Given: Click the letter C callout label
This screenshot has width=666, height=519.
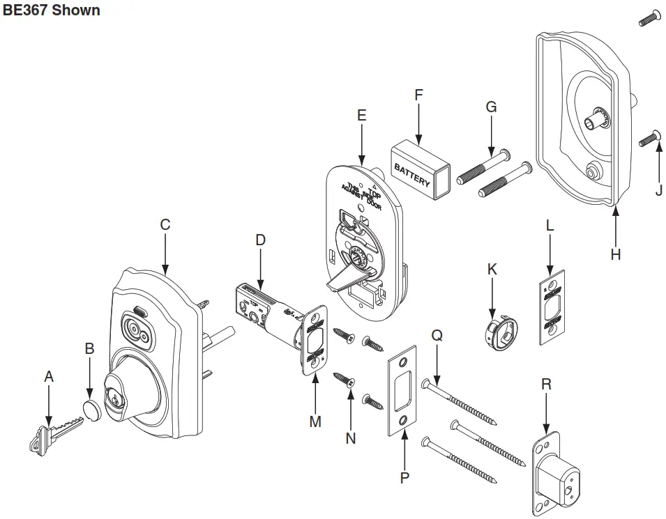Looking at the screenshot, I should tap(165, 225).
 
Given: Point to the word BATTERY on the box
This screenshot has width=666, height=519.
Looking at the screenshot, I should tap(412, 175).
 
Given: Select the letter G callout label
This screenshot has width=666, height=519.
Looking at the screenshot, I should tap(491, 107).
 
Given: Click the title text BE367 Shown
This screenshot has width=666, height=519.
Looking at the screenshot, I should tap(52, 10).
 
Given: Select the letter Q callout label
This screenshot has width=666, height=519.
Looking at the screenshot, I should tap(437, 335).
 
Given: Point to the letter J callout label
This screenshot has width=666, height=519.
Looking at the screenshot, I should tap(659, 189).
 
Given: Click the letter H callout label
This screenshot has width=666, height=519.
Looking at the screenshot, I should tap(615, 255).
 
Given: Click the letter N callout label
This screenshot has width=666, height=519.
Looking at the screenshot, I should tap(351, 438).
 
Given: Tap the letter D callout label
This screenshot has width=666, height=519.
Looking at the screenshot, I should tap(260, 240).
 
